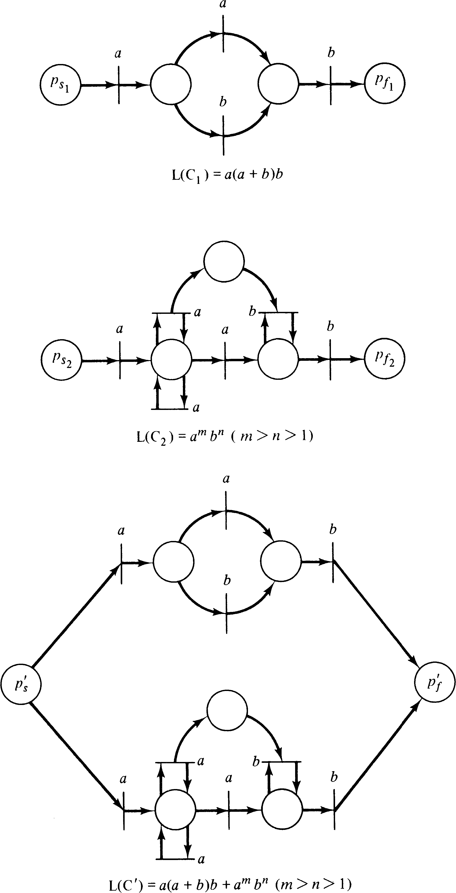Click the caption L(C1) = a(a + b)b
227,174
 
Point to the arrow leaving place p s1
99,85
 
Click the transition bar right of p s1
119,85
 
